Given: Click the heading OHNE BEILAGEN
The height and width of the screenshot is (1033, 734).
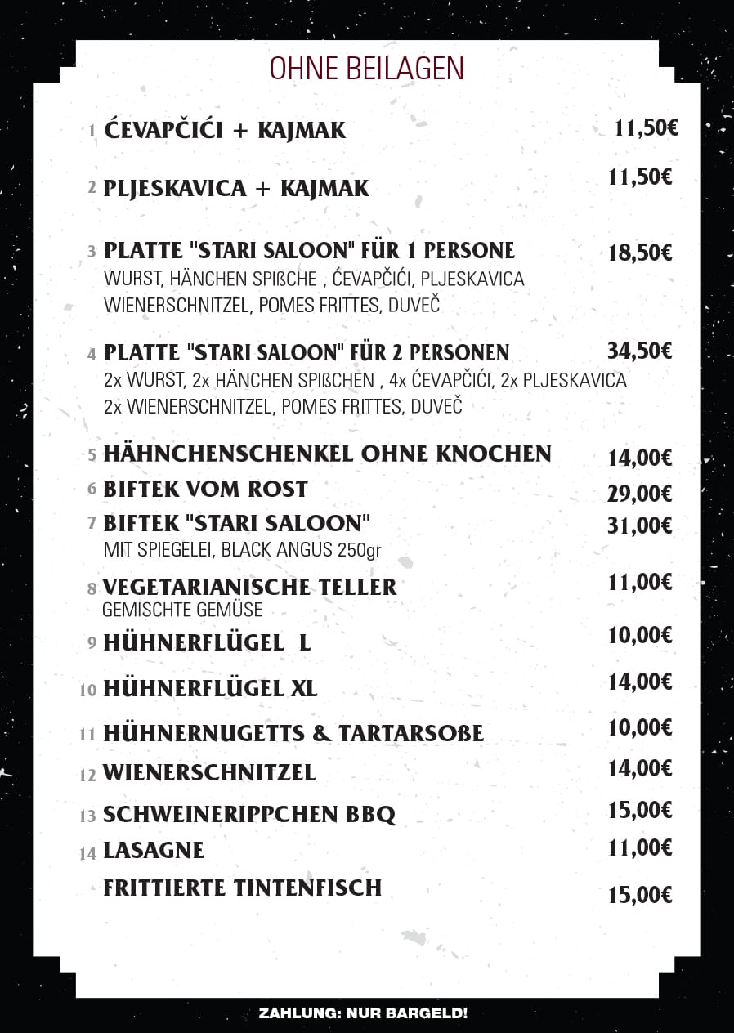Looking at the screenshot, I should point(367,69).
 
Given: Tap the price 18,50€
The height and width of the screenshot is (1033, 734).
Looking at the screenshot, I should point(640,253).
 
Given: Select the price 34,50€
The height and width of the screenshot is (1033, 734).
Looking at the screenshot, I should point(640,351).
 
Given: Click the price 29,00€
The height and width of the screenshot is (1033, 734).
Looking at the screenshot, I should point(640,493).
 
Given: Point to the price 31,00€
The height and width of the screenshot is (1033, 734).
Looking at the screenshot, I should point(640,525).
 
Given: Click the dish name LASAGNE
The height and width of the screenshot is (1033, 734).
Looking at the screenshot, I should point(154,851).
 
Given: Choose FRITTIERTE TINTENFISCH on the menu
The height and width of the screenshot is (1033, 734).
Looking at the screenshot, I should point(242,888).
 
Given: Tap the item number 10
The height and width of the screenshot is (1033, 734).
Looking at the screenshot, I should point(88,690).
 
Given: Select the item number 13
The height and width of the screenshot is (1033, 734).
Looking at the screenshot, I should point(88,816).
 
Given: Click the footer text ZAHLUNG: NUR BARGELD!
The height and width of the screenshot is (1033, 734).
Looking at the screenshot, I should point(363,1013).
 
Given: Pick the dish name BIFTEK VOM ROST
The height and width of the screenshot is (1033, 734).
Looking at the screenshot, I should point(205,489).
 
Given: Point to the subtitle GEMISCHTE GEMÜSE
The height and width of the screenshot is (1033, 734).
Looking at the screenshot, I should point(182,610).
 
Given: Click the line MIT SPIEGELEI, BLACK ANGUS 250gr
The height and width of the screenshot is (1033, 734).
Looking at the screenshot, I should point(243,549).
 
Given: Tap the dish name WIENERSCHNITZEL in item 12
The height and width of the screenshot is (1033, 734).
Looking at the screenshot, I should point(209,772).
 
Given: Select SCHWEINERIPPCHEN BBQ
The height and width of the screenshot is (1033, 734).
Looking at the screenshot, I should point(249,815).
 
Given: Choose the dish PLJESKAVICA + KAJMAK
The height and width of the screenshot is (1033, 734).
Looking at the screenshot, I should point(236,189).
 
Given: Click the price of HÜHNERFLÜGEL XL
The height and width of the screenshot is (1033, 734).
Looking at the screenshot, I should point(640,681).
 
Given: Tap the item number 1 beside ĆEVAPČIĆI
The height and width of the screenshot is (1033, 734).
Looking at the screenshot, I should point(92,131).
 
